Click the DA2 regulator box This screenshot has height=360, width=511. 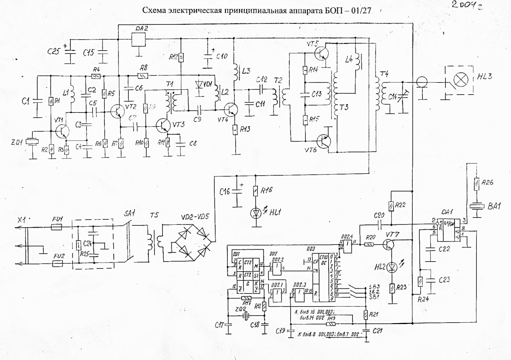point(139,39)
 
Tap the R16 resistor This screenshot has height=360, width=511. point(255,191)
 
